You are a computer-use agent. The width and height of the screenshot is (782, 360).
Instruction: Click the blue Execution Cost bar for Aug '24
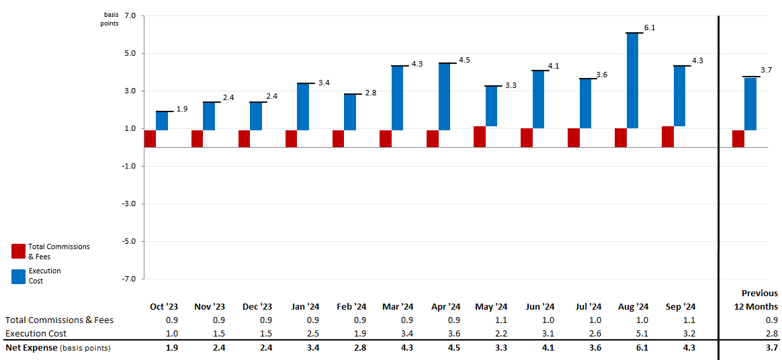click(x=632, y=81)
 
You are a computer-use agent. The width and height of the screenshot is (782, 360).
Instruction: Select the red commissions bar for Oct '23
click(x=150, y=138)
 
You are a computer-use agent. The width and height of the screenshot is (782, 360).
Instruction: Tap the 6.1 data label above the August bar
click(x=650, y=28)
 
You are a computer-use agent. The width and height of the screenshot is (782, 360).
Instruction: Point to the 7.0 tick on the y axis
click(x=130, y=15)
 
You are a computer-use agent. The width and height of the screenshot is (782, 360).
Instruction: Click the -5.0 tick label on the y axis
click(x=128, y=241)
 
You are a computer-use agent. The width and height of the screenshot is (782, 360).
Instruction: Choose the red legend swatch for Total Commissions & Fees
click(x=18, y=251)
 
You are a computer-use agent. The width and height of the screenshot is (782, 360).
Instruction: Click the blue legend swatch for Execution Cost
click(x=18, y=276)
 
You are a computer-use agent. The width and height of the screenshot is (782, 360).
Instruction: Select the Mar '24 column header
click(x=397, y=306)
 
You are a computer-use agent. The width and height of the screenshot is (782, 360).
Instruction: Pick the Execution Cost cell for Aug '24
click(x=642, y=333)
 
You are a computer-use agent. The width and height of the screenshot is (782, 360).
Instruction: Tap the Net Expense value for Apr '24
click(x=453, y=348)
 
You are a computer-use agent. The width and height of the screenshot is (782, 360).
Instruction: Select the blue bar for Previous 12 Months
click(x=750, y=104)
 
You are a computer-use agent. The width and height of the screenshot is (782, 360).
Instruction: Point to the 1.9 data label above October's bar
click(x=181, y=109)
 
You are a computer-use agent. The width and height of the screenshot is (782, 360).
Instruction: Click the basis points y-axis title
click(x=110, y=19)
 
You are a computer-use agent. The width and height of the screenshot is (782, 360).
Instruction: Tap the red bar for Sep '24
click(x=667, y=136)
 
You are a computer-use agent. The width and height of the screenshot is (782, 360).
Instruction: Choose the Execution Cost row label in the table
click(x=36, y=333)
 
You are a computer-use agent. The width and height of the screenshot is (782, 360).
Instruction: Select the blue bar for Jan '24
click(x=303, y=107)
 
